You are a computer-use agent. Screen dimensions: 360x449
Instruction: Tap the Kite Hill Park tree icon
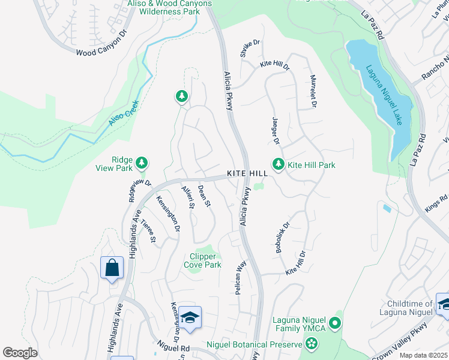[278, 164]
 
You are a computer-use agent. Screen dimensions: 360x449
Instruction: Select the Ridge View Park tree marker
[142, 163]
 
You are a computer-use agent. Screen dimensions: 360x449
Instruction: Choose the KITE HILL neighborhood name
[247, 173]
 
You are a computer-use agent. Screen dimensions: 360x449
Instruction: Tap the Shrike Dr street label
[250, 49]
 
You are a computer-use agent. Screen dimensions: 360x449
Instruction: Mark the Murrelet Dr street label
[313, 91]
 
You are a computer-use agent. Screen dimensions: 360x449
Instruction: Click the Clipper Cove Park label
[206, 260]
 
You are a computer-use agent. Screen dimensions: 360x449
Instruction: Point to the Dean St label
[204, 196]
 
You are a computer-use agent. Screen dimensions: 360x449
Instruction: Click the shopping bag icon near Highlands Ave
[112, 268]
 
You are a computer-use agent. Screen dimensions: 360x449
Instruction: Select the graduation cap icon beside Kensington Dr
[190, 317]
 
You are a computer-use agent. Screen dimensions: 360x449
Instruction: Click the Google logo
[20, 353]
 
